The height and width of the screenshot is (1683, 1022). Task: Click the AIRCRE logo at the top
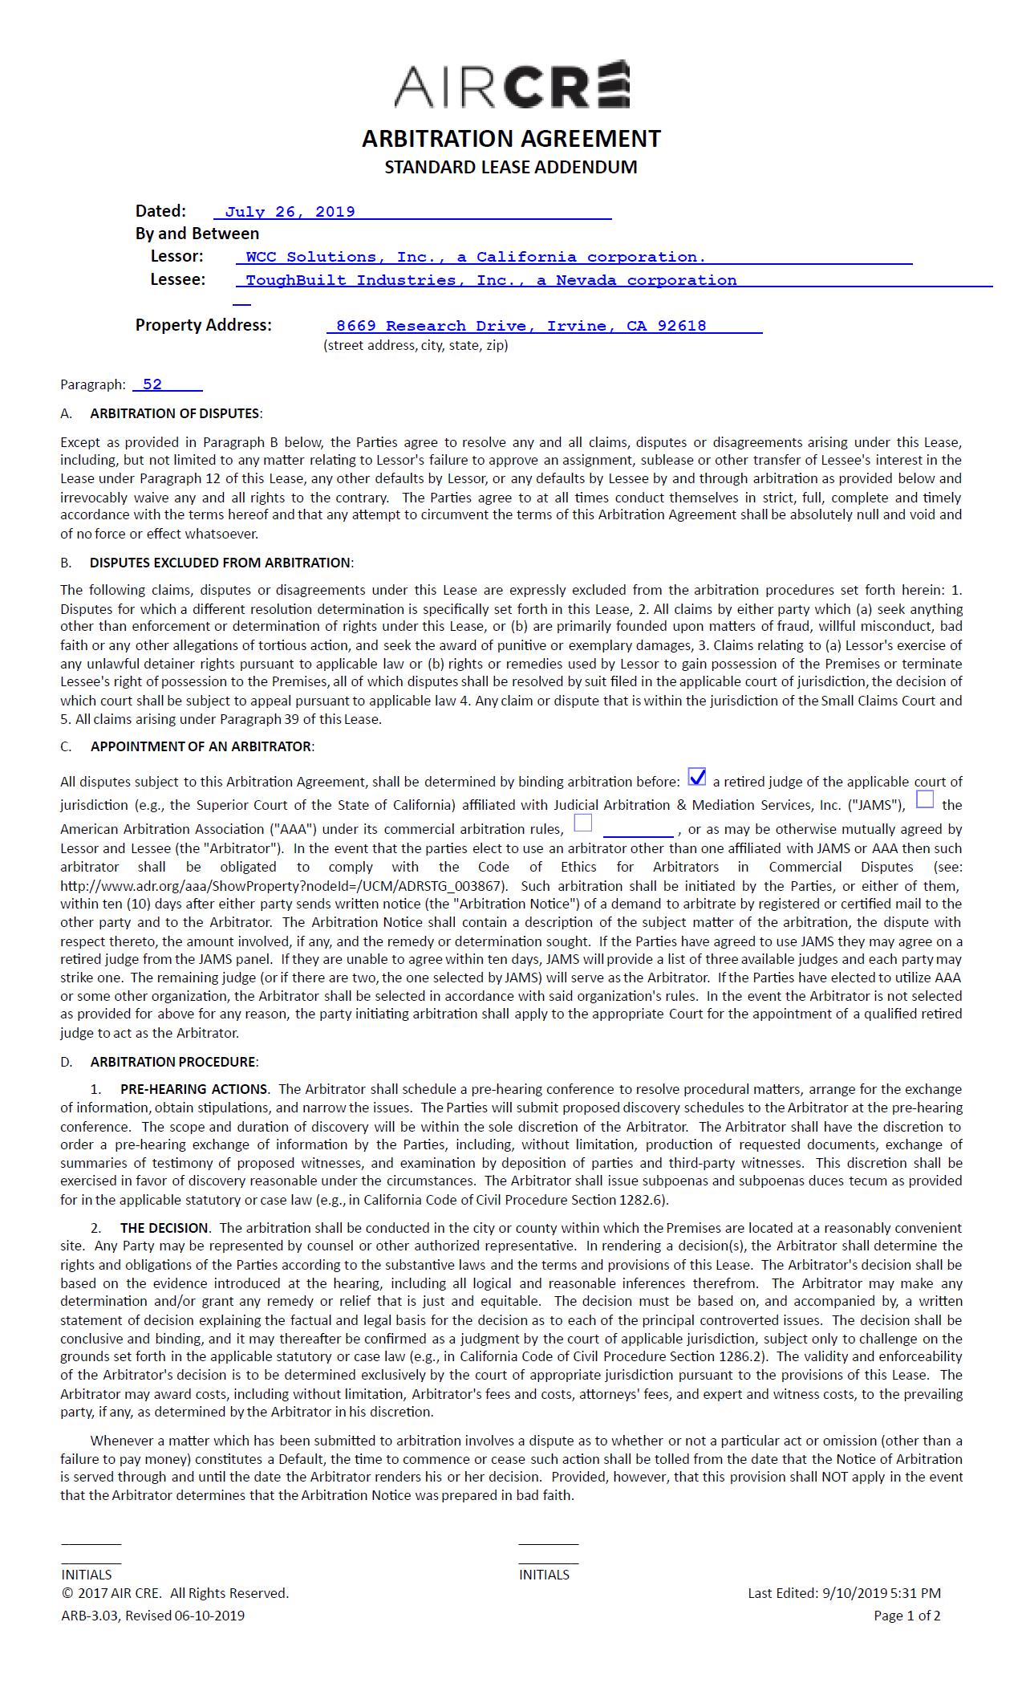pos(511,84)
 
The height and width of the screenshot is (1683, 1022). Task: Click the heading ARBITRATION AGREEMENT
pos(511,139)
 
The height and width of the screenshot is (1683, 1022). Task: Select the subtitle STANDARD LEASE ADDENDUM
pos(511,167)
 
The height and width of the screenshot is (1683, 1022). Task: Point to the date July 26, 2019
pos(290,212)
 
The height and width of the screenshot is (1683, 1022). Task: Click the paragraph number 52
pos(152,384)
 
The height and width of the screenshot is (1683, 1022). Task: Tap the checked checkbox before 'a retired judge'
pos(697,777)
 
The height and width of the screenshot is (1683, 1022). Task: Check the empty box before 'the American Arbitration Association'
pos(925,799)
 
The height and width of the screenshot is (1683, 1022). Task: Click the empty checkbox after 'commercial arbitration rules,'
pos(583,823)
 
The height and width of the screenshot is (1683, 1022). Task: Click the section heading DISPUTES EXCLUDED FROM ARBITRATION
pos(221,563)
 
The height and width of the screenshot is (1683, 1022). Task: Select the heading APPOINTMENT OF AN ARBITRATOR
pos(201,746)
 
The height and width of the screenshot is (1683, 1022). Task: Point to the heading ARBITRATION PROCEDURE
pos(173,1062)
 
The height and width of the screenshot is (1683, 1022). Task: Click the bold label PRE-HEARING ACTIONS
pos(193,1089)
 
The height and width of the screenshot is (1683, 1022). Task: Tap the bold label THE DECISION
pos(164,1228)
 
